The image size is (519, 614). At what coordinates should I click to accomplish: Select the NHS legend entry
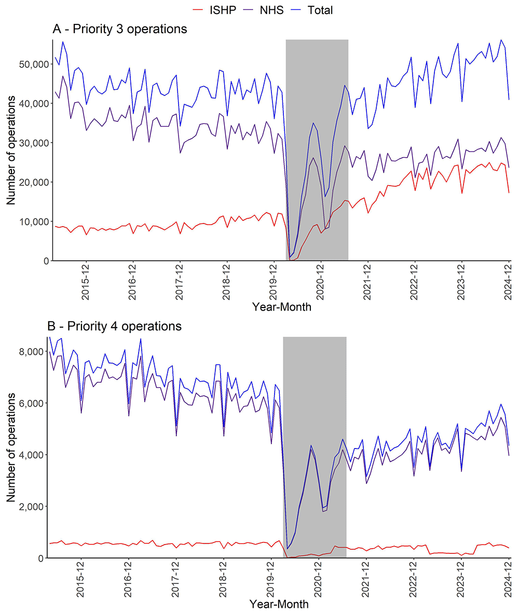272,9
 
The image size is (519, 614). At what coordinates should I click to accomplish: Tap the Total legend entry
320,9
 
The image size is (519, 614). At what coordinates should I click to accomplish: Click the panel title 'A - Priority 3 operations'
120,29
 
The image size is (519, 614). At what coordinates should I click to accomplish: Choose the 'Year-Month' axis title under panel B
279,604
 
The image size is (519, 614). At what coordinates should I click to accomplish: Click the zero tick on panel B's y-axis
41,558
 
